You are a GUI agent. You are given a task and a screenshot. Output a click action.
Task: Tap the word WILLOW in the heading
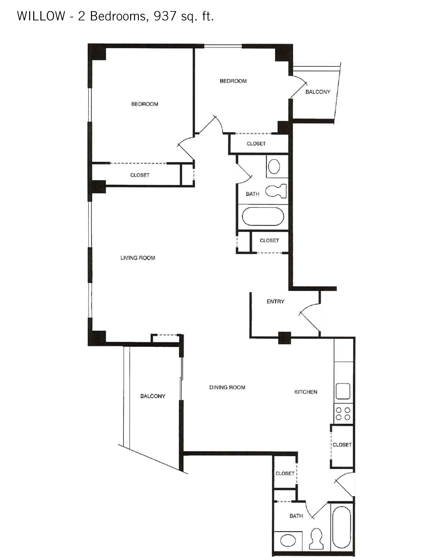point(41,16)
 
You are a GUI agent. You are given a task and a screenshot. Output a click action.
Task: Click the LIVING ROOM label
point(137,258)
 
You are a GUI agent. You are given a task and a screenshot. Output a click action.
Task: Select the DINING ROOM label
point(227,387)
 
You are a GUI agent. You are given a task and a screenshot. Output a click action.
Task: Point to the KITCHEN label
point(306,392)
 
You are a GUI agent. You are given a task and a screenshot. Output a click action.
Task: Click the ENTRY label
point(275,302)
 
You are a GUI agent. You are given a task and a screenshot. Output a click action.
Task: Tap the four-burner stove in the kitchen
point(343,414)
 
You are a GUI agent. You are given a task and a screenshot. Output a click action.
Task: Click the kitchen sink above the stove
point(343,392)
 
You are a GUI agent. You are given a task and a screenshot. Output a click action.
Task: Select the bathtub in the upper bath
point(263,217)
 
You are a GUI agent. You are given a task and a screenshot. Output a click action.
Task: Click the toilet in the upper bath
point(276,191)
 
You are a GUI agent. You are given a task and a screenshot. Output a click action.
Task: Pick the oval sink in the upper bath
point(274,166)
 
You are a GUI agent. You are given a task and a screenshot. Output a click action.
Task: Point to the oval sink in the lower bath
point(288,540)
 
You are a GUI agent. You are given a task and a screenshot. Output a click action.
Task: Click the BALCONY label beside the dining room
point(153,396)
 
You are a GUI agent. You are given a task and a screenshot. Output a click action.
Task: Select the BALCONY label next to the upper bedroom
point(318,92)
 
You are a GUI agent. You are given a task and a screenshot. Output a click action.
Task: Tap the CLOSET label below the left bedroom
point(140,175)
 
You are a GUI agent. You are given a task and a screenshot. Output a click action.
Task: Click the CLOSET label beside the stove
point(342,445)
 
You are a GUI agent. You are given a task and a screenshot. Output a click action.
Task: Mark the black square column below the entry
point(284,338)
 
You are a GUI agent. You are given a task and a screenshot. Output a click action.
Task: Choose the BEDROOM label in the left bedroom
point(145,104)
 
